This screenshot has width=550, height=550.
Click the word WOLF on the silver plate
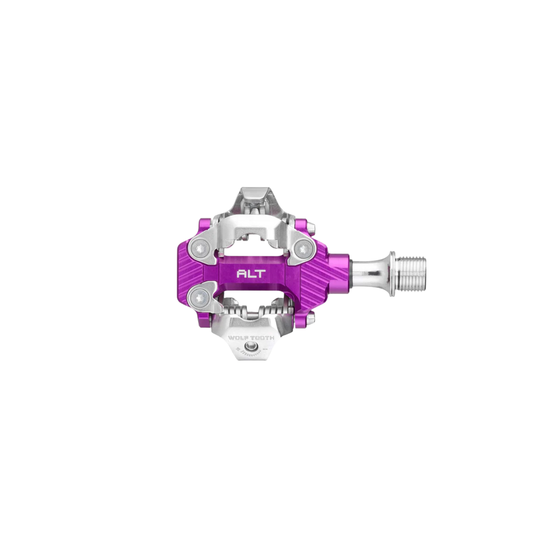pyautogui.click(x=240, y=338)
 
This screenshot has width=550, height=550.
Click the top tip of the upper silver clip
pyautogui.click(x=252, y=189)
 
